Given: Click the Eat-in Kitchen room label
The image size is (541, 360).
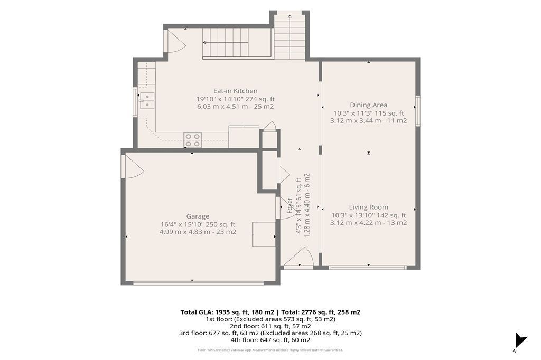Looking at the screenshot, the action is pos(235,91).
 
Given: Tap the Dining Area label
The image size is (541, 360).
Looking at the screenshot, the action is pos(368,105).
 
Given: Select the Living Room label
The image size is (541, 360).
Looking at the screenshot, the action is pos(368,207).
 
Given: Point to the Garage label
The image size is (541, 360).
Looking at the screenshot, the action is pos(198,216).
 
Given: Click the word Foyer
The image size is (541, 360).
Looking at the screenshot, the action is pos(290,205).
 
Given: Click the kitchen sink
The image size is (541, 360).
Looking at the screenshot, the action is pos(147,100).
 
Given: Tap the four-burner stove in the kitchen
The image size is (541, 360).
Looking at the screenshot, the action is pos(192,140).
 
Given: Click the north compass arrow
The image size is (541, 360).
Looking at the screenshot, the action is pos(520,340).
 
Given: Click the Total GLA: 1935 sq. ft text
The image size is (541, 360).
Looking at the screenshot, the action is pos(227,312).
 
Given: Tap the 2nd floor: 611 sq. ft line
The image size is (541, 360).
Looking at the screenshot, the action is pos(270,326).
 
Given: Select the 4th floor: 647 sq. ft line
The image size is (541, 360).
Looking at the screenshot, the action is pos(270,339).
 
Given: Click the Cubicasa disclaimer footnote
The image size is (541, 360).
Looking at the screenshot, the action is pos(270,350).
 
